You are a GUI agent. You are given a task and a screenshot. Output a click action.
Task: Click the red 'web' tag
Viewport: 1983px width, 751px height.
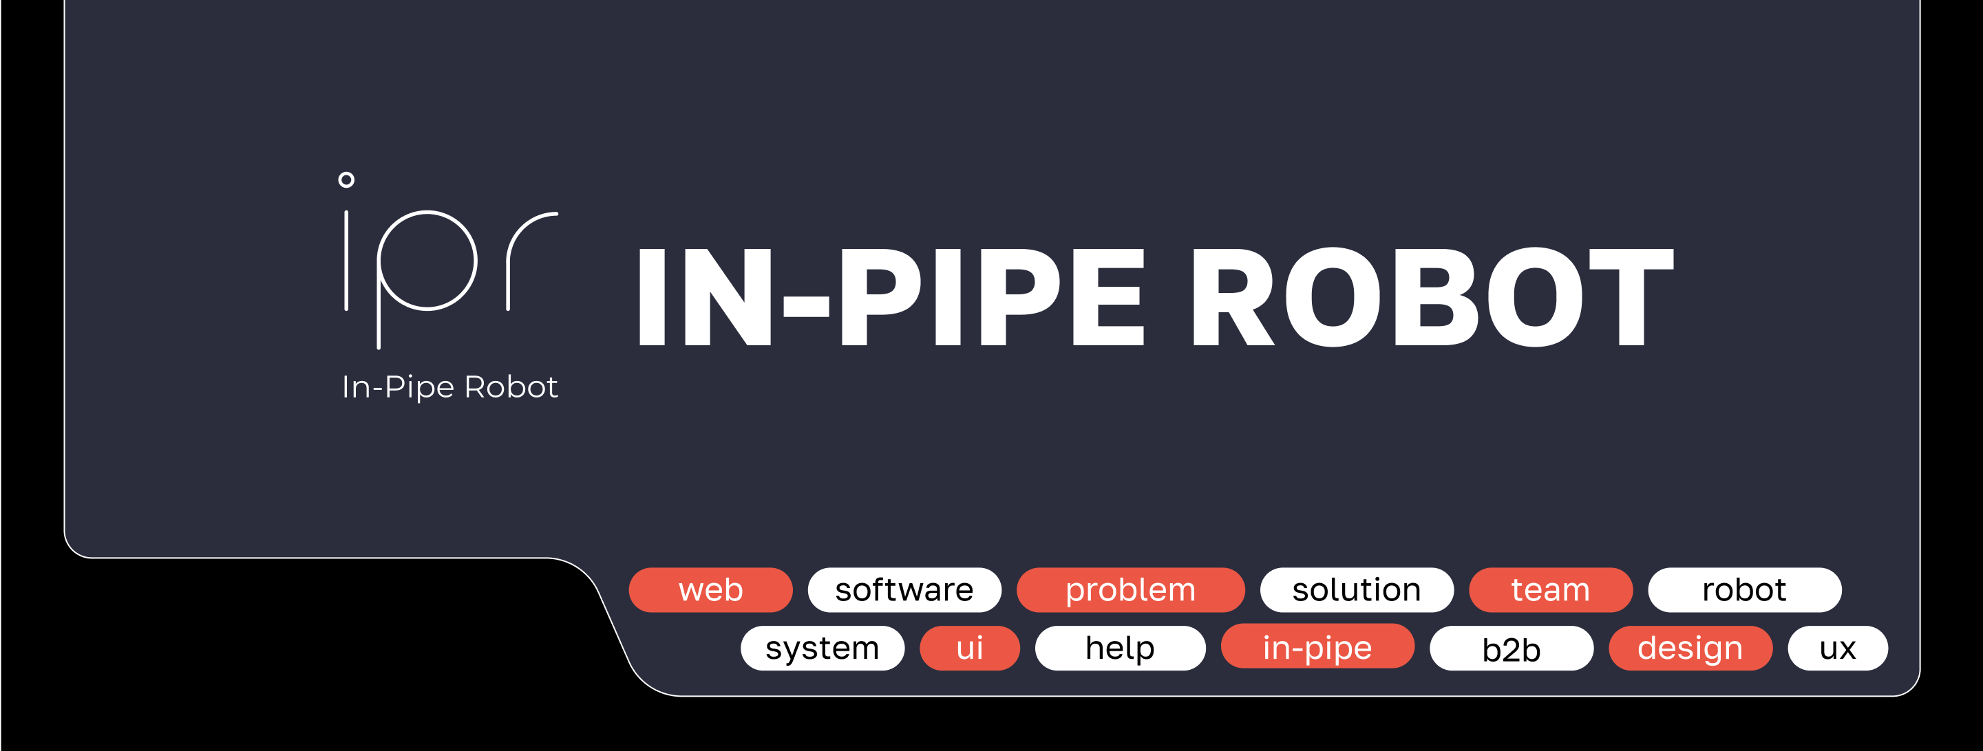[710, 590]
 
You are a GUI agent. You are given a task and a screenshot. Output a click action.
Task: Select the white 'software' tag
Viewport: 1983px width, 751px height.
[904, 590]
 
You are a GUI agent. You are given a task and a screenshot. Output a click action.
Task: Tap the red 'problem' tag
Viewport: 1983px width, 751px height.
[1130, 590]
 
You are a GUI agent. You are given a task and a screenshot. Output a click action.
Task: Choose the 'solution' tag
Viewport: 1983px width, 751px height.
[1356, 590]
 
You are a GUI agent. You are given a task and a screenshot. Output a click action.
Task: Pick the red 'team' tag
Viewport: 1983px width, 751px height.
[1549, 590]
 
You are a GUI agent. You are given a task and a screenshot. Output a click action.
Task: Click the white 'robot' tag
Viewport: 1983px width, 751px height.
[1743, 590]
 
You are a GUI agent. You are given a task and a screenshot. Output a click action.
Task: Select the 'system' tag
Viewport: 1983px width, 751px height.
[821, 648]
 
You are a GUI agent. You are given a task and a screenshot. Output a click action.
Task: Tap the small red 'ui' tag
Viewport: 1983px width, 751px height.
[969, 648]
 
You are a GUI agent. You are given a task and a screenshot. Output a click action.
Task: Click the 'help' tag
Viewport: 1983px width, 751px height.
[1119, 648]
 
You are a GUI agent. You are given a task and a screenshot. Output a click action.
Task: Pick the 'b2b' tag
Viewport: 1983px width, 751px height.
[1510, 649]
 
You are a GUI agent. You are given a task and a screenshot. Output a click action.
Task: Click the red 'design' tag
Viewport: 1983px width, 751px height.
[1690, 648]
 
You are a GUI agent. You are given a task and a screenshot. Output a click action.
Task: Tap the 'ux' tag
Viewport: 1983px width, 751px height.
[1837, 648]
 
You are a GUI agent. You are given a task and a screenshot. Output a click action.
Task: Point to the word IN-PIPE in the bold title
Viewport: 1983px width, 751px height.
[889, 297]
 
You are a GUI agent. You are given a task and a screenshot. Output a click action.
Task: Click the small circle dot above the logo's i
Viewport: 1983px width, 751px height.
[346, 180]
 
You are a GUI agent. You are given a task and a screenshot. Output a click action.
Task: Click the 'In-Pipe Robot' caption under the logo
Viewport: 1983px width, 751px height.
[449, 387]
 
